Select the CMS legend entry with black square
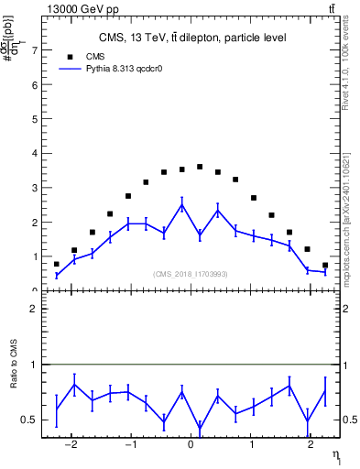click(103, 56)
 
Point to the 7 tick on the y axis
click(34, 50)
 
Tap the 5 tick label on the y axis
click(34, 119)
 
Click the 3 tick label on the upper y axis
click(34, 188)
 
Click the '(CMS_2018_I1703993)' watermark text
click(190, 273)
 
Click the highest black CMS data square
click(200, 167)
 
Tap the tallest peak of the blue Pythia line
click(181, 205)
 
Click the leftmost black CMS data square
click(57, 264)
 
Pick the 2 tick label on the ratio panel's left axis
click(34, 309)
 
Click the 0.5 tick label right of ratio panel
click(349, 420)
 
